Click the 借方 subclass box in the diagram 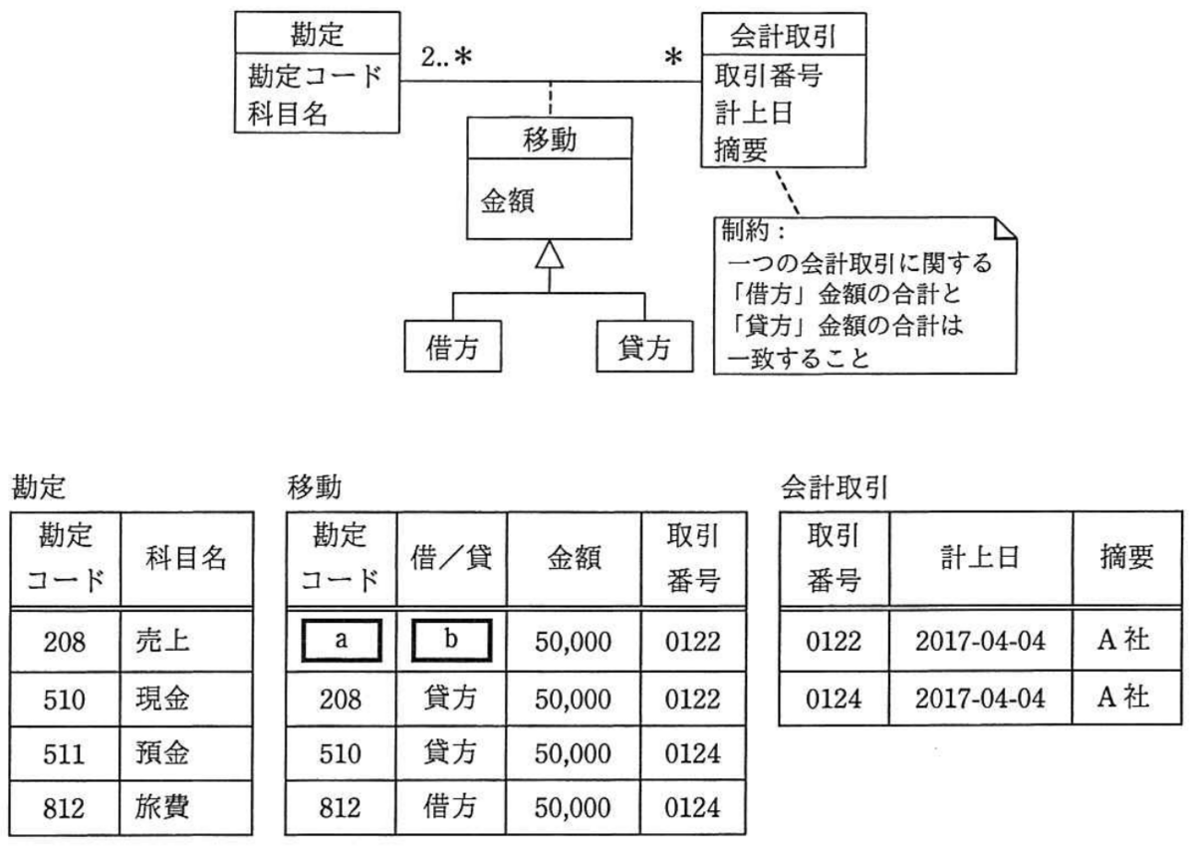click(452, 346)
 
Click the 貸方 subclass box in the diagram click(644, 346)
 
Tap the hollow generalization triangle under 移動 click(550, 255)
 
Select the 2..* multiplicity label click(446, 57)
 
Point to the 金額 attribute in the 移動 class click(507, 201)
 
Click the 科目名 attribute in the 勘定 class click(288, 114)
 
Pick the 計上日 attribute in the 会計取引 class click(753, 113)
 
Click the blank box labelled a click(342, 641)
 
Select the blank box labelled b click(451, 641)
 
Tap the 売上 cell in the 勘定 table click(162, 641)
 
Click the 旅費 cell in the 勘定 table click(161, 806)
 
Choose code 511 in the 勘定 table click(64, 754)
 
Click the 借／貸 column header click(451, 558)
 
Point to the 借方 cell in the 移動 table click(450, 806)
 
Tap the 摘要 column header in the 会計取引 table click(1126, 557)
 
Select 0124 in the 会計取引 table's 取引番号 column click(834, 699)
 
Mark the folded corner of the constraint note click(1005, 228)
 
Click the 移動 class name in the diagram click(550, 140)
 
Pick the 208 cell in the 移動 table click(341, 700)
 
